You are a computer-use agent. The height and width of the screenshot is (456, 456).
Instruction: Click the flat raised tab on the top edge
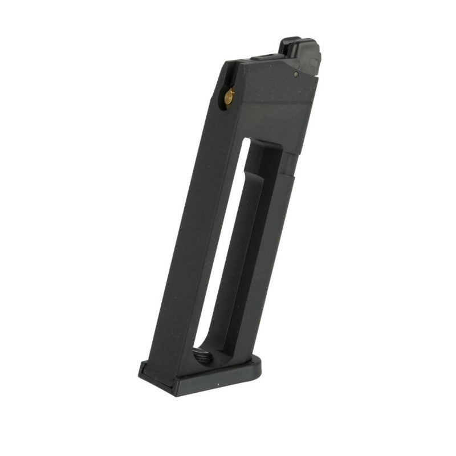tap(268, 57)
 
